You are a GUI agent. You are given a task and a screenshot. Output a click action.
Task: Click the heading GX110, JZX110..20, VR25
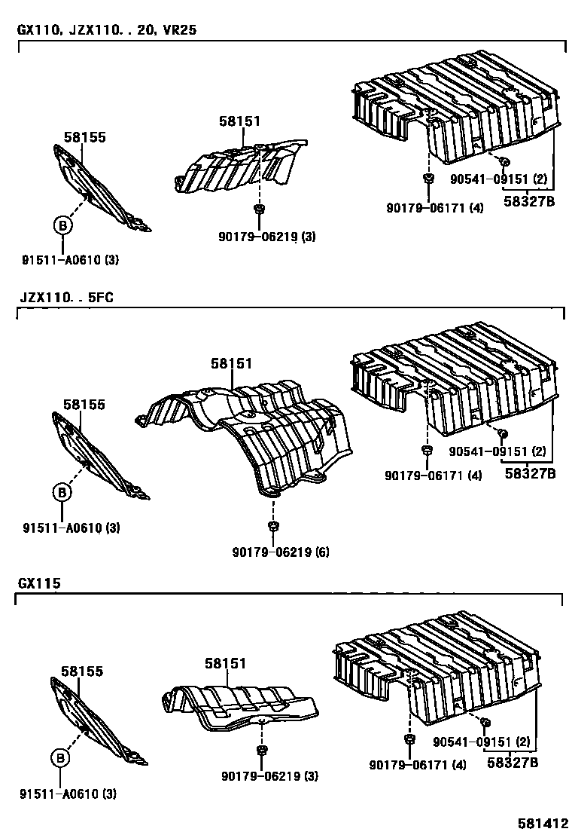[102, 31]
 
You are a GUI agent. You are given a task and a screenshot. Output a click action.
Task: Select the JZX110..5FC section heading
[65, 297]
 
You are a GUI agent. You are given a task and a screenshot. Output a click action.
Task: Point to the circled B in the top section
[62, 225]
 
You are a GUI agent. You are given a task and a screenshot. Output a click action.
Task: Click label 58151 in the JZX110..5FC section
[231, 363]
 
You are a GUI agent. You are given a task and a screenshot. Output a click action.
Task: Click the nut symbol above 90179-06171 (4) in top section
[427, 179]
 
